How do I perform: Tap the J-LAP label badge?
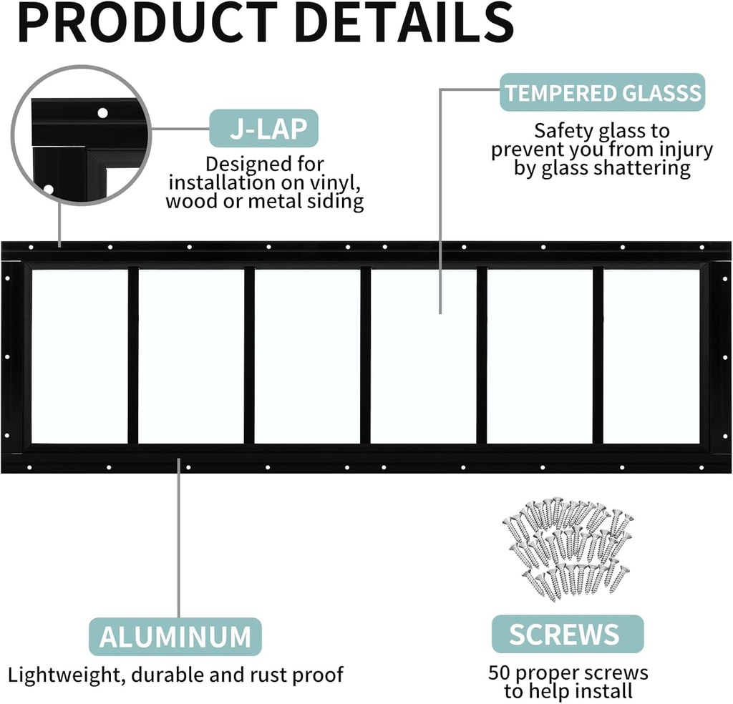point(263,129)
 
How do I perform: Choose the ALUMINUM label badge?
point(175,636)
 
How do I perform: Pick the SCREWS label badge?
point(564,633)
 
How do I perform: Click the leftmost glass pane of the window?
point(79,356)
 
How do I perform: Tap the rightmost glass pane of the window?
point(651,356)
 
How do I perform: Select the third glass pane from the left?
point(307,356)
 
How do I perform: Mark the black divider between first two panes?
point(133,356)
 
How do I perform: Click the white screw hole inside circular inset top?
point(102,112)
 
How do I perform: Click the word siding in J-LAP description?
point(335,202)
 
